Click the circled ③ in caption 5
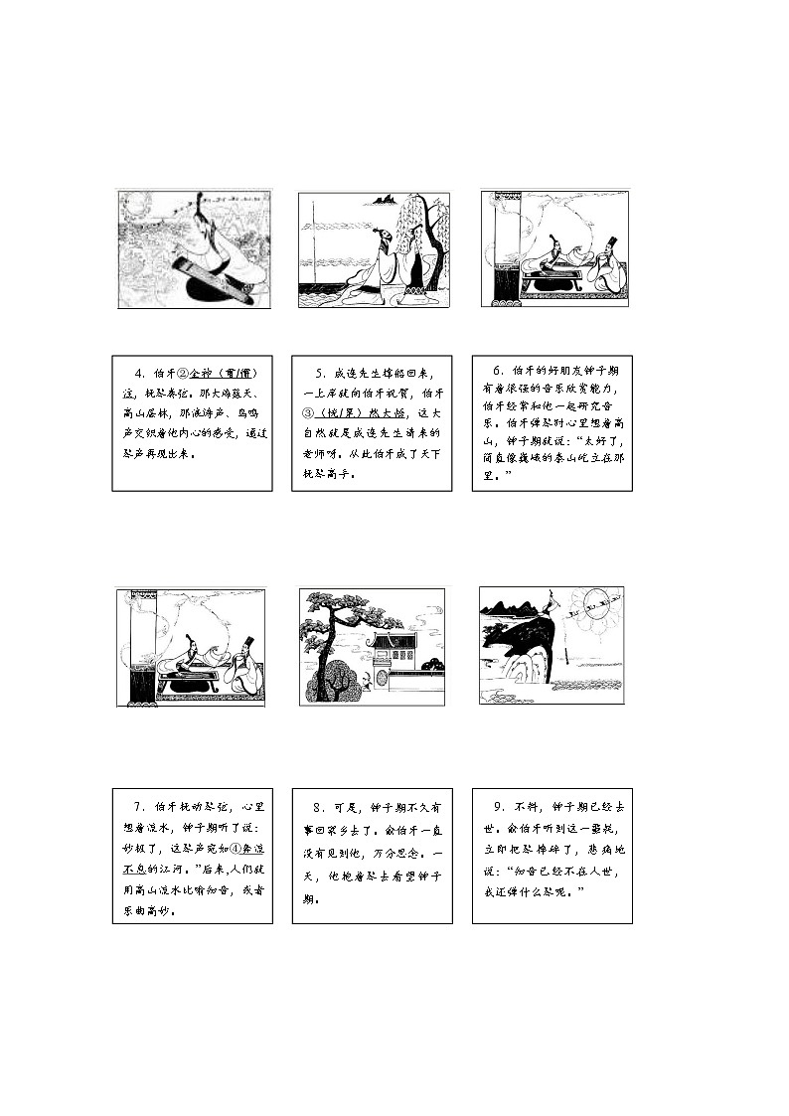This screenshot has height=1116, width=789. pyautogui.click(x=309, y=412)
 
